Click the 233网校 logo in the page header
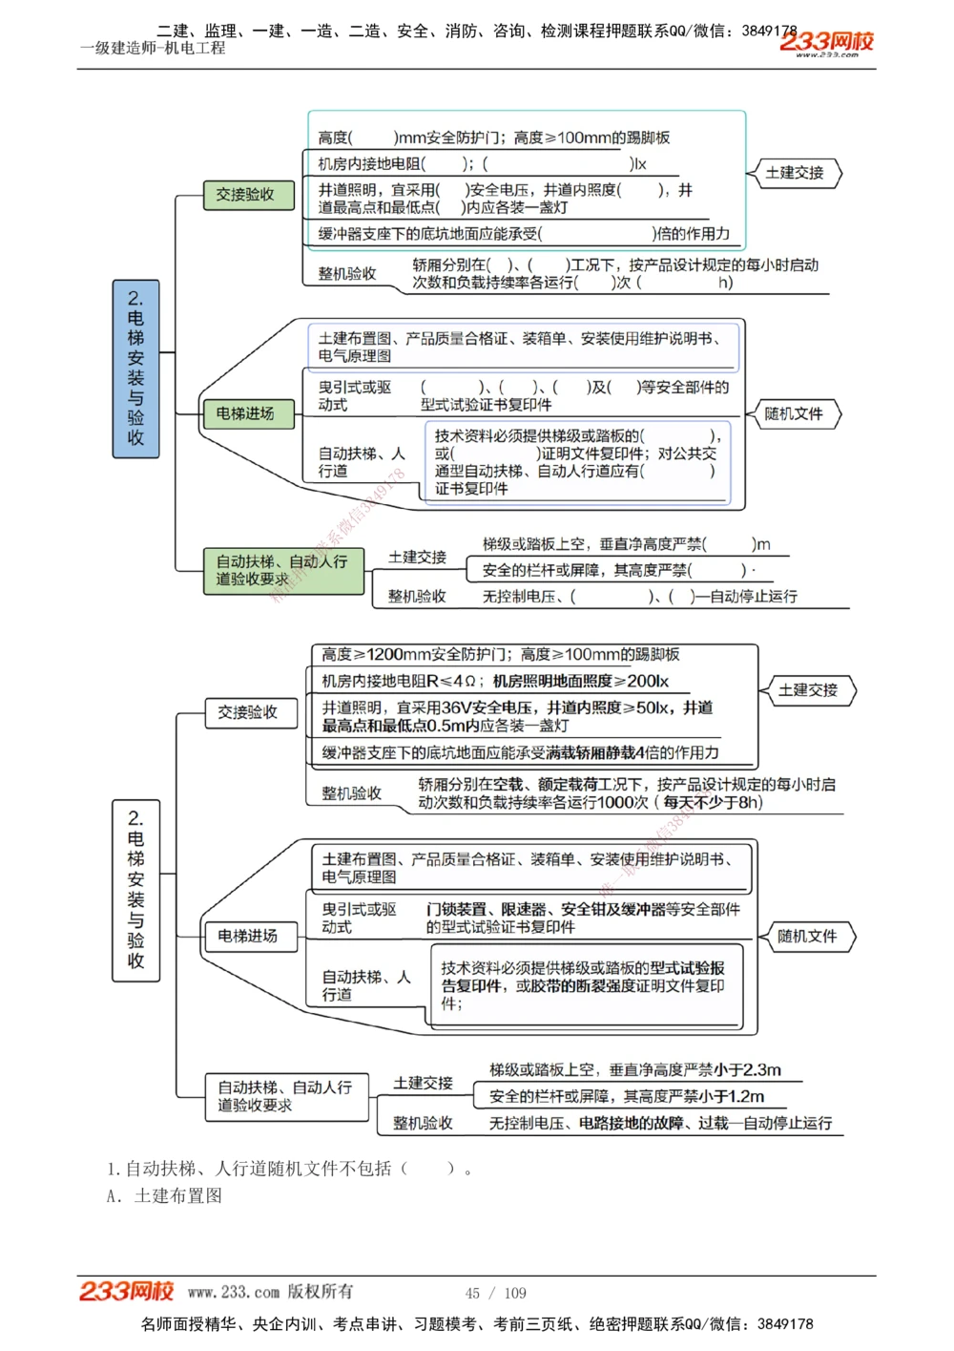tap(826, 42)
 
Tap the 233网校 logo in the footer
tap(126, 1291)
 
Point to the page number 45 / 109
tap(495, 1293)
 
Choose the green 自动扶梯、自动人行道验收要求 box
tap(283, 571)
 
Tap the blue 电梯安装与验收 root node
tap(135, 369)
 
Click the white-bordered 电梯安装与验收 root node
tap(135, 889)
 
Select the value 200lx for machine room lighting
tap(648, 682)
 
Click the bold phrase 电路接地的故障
tap(633, 1124)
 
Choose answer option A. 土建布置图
tap(164, 1196)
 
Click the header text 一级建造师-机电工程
tap(153, 48)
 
